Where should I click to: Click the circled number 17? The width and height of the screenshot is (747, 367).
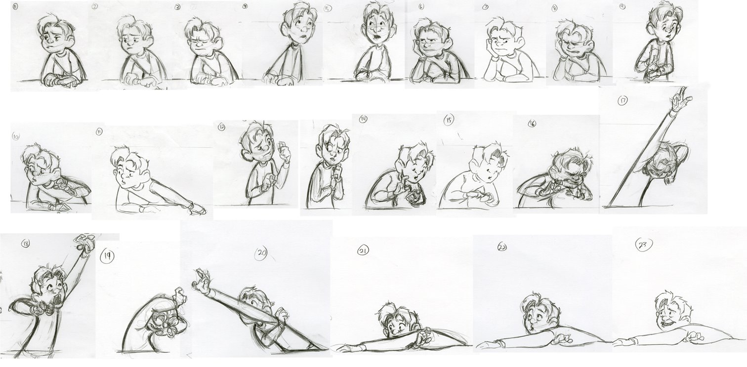(x=622, y=101)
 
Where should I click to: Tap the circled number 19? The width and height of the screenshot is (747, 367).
(x=107, y=256)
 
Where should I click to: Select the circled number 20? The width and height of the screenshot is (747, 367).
(x=261, y=253)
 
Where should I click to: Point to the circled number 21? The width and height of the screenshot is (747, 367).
(x=363, y=250)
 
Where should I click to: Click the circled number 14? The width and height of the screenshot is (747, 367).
(x=363, y=119)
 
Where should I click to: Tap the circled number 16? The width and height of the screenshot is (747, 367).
(x=532, y=123)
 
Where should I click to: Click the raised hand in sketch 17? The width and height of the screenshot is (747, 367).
(x=681, y=95)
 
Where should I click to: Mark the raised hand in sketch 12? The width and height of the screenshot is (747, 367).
(x=284, y=151)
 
